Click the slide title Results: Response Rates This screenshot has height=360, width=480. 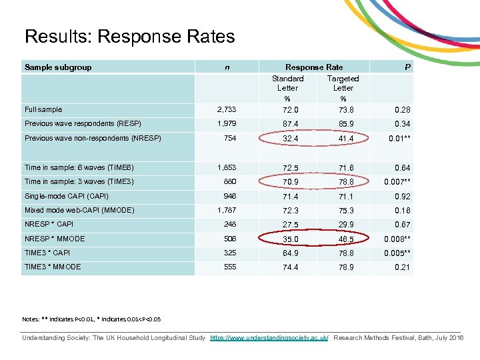129,36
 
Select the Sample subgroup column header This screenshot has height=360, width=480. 58,67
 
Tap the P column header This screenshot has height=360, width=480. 407,67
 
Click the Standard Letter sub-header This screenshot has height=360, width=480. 287,83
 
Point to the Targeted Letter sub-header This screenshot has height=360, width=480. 343,83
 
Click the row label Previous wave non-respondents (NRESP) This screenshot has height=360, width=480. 93,138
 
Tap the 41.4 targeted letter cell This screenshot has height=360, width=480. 343,139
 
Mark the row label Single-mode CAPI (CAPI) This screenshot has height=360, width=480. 66,196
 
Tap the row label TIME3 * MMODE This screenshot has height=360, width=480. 53,267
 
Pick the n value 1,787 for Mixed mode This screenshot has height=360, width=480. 227,211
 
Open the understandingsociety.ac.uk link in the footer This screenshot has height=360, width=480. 269,339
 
